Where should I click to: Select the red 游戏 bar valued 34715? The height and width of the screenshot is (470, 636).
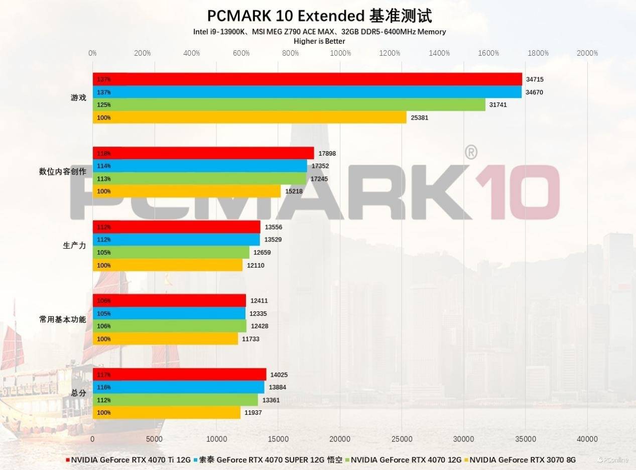tap(307, 79)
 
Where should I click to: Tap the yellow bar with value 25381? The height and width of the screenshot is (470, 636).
tap(249, 117)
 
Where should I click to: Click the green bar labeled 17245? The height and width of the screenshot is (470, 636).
tap(199, 179)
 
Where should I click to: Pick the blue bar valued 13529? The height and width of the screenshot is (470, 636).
tap(176, 240)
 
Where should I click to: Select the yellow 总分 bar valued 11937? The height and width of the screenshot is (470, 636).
tap(167, 413)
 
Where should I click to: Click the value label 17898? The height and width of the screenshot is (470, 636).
tap(327, 153)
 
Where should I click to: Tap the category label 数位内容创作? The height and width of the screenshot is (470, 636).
tap(62, 172)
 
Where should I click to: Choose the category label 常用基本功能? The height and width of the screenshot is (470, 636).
tap(62, 319)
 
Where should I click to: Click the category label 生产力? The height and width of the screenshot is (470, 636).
tap(74, 246)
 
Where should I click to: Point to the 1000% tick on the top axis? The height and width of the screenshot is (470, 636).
tap(340, 53)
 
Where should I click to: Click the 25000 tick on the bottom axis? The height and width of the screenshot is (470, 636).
tap(402, 439)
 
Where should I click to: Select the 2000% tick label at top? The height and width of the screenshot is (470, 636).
tap(587, 53)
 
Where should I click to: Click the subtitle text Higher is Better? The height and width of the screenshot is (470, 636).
tap(319, 41)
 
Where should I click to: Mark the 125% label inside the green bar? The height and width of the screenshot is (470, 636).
tap(104, 105)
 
